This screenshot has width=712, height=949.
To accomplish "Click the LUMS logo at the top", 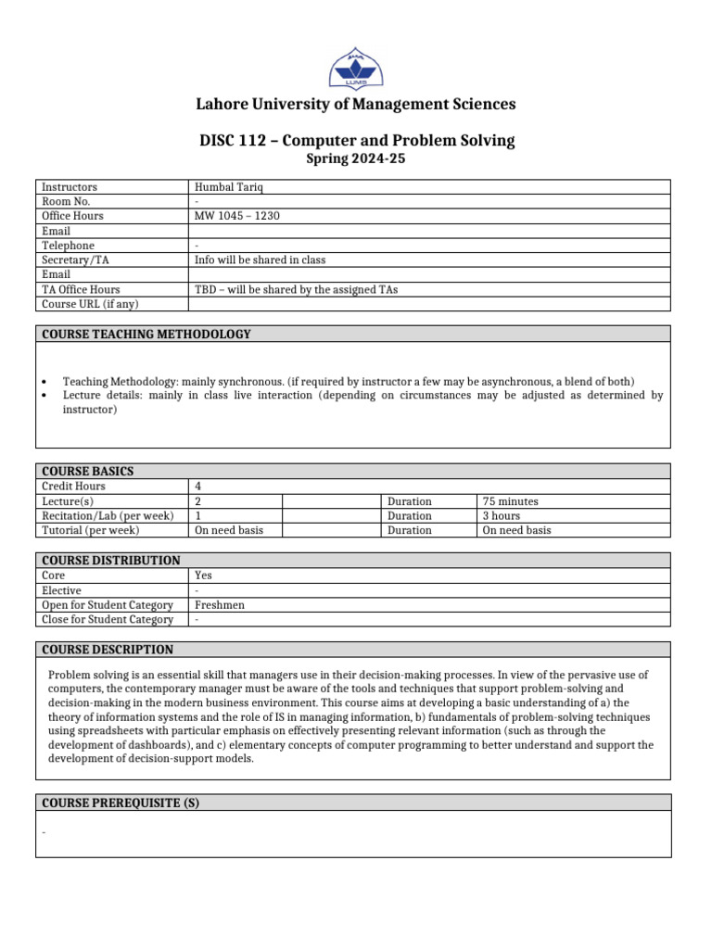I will click(356, 66).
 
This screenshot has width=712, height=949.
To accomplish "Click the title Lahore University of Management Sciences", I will click(357, 104).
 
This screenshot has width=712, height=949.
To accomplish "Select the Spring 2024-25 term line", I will click(356, 158).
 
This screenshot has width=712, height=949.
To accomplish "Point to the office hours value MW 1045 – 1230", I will click(237, 216).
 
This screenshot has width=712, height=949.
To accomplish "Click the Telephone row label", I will click(69, 246).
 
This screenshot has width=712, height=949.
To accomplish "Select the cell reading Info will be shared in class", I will click(261, 260).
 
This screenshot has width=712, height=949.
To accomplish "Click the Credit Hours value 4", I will click(198, 487).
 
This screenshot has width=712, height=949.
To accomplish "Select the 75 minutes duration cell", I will click(510, 501).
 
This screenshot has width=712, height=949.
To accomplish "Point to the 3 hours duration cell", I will click(501, 516).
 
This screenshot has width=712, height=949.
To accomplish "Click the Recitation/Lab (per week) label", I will click(108, 516).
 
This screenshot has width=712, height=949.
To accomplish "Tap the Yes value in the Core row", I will click(204, 576).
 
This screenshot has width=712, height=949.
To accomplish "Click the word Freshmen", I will click(220, 605).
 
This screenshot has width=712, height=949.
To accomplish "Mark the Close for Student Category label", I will click(108, 620).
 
